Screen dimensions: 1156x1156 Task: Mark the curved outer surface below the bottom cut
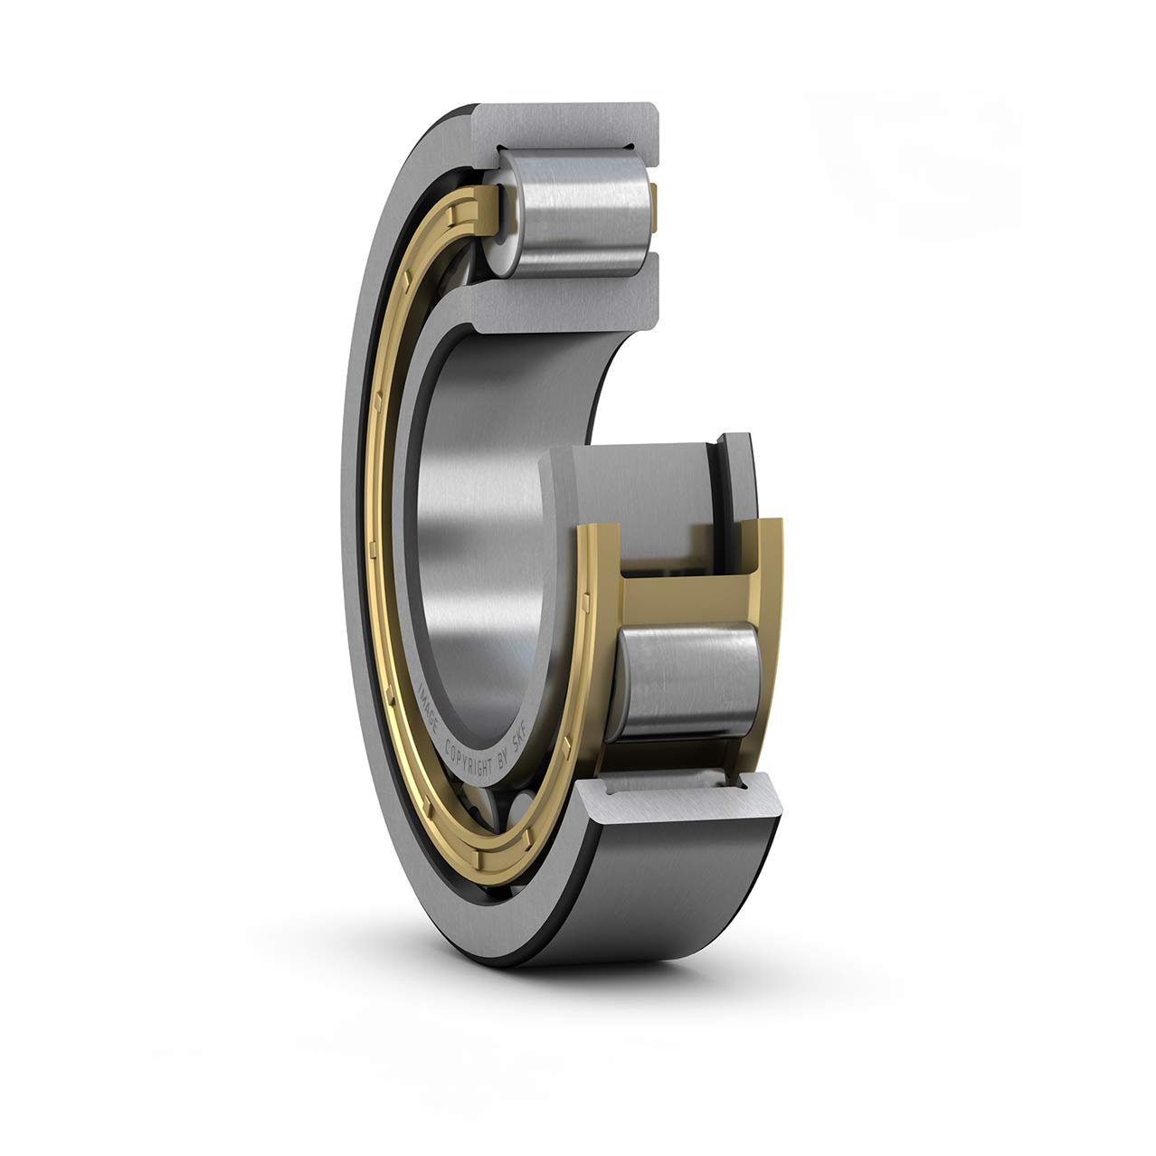click(669, 868)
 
